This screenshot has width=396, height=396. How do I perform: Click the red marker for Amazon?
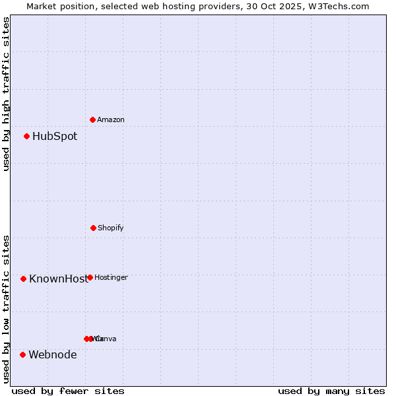92,119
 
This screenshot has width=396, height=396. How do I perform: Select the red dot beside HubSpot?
26,137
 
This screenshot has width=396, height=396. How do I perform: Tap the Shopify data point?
93,228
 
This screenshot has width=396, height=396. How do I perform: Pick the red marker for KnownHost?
23,279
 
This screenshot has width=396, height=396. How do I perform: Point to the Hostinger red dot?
90,277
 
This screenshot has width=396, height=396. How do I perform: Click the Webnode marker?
22,354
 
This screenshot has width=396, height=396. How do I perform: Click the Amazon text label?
111,119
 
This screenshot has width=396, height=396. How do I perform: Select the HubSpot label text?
55,137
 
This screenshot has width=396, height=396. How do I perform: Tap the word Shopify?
111,228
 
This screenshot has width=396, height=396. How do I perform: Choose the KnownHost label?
57,279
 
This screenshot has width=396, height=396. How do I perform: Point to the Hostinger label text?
111,277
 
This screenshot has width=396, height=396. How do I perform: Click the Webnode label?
53,354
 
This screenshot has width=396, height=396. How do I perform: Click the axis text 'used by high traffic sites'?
6,94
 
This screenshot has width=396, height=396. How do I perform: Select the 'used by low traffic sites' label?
6,309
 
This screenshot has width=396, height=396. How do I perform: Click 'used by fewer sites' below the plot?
68,391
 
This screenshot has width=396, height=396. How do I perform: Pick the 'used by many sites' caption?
331,391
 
